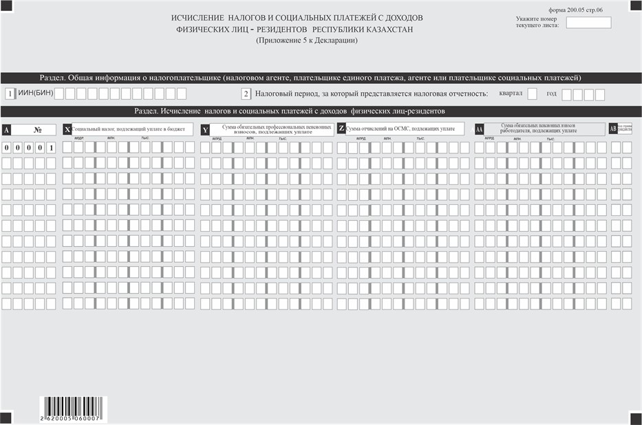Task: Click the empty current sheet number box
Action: [588, 23]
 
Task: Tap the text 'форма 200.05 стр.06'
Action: [576, 10]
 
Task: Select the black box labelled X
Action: [67, 129]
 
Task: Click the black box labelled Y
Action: [205, 129]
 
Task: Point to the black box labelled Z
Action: [341, 129]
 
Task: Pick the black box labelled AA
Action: [479, 129]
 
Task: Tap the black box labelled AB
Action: [613, 129]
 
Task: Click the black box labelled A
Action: [6, 129]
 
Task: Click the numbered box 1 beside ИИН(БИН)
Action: [10, 94]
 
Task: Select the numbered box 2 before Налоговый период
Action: [246, 94]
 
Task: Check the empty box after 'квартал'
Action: [532, 94]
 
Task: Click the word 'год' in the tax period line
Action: [551, 93]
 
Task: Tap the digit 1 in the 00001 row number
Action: [51, 147]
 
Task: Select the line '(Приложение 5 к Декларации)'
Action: [307, 41]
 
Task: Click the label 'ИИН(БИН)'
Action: [35, 93]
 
